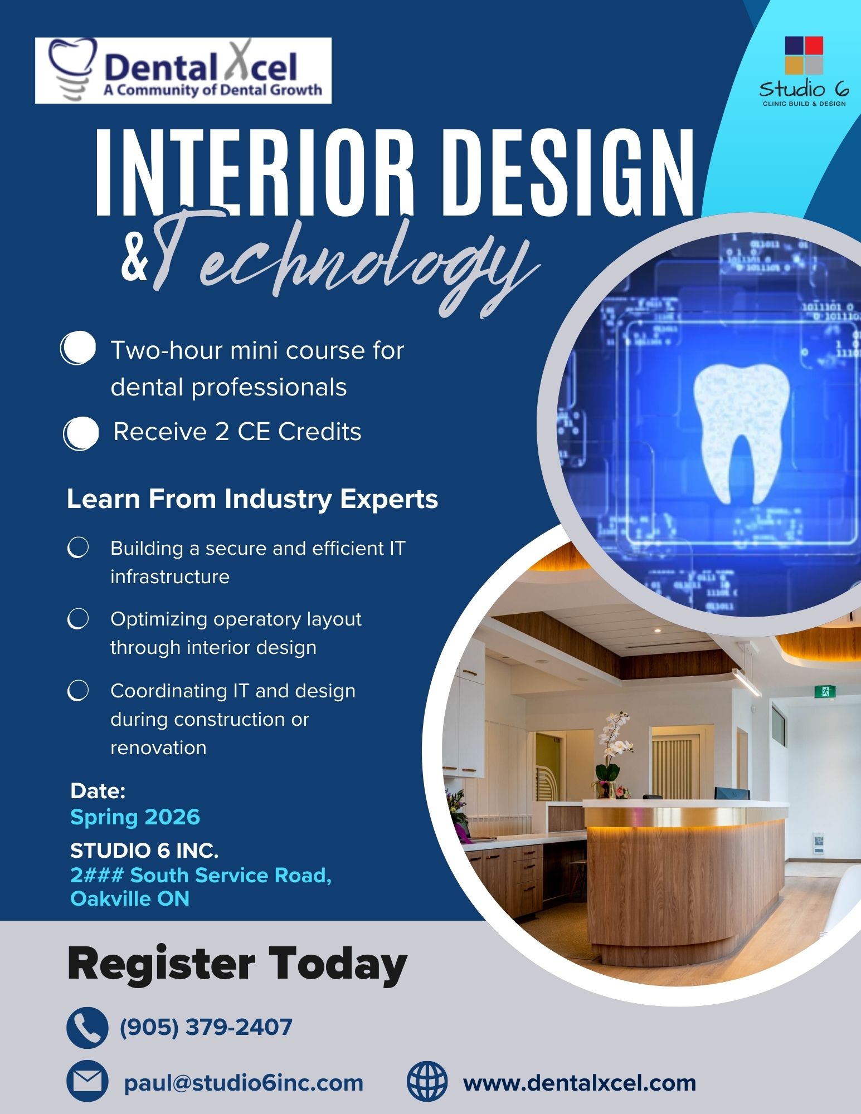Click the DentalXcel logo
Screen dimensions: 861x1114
183,71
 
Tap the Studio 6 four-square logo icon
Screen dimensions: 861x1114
804,55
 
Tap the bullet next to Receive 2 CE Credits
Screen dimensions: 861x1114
81,433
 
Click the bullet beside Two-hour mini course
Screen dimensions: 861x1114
78,348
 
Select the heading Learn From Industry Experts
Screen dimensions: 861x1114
252,499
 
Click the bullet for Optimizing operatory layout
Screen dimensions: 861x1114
78,619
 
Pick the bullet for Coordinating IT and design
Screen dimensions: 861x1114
78,690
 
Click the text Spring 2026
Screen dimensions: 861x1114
135,817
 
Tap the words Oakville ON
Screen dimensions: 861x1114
130,898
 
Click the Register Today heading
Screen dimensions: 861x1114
237,964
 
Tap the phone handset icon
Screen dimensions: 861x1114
87,1028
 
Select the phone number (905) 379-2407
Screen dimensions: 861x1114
206,1027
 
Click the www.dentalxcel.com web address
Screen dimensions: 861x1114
580,1083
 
